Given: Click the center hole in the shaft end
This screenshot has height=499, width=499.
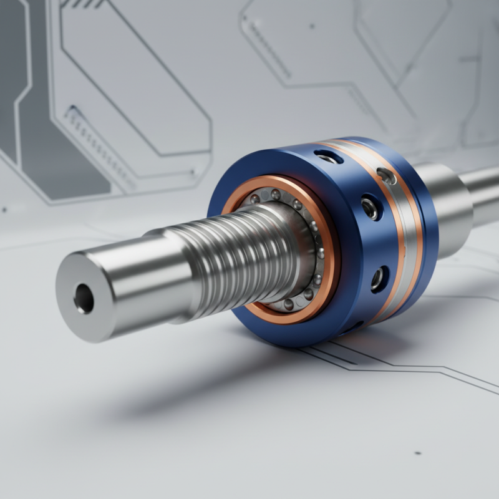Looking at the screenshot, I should tap(84, 298).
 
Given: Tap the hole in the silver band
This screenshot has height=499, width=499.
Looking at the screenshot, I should tap(386, 177).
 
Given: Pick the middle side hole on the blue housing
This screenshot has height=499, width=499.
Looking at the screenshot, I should tap(369, 207).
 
